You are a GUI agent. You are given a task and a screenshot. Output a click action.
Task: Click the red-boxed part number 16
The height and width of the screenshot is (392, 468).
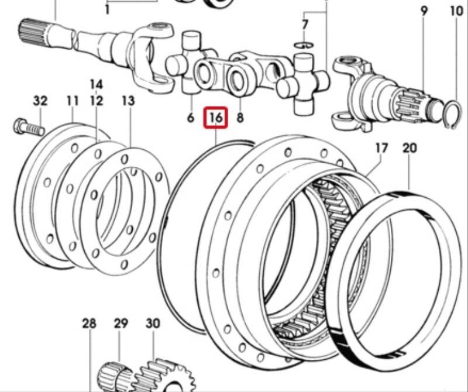coord(216,118)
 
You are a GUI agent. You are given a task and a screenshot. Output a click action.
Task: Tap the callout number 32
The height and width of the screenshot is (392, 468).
coord(40,101)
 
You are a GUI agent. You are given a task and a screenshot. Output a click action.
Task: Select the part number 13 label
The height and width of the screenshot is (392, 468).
coord(128,101)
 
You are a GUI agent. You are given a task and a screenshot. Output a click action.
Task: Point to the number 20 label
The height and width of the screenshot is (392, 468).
coord(409,148)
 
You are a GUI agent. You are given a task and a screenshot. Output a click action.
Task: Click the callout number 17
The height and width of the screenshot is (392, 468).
coord(381,148)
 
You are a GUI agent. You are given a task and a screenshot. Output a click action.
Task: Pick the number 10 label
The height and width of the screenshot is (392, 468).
coord(457,11)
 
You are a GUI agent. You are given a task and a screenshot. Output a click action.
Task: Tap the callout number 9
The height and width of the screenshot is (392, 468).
coord(424,11)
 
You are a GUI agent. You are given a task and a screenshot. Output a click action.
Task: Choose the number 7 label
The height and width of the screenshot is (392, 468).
coord(304,24)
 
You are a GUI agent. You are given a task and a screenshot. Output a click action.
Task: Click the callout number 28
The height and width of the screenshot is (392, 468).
coord(90,324)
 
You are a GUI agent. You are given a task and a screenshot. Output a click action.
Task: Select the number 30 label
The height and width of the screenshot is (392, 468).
coord(153,324)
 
